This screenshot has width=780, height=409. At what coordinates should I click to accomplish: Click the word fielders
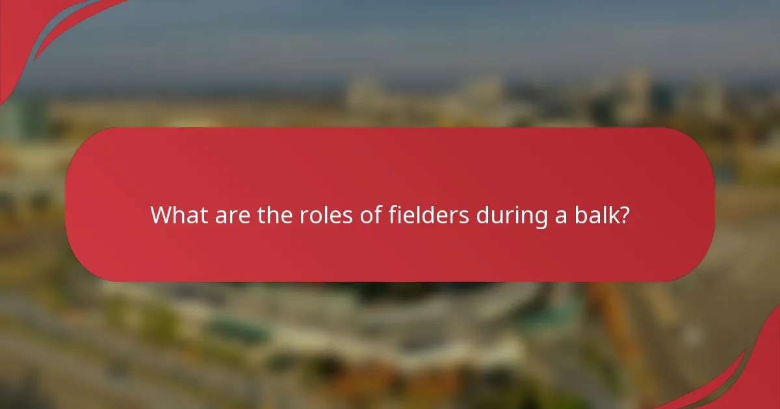click(428, 214)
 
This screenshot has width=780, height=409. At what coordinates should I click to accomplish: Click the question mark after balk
click(625, 214)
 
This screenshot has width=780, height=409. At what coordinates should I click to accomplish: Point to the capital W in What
click(161, 214)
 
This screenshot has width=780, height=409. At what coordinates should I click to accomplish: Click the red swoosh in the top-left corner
click(39, 32)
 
